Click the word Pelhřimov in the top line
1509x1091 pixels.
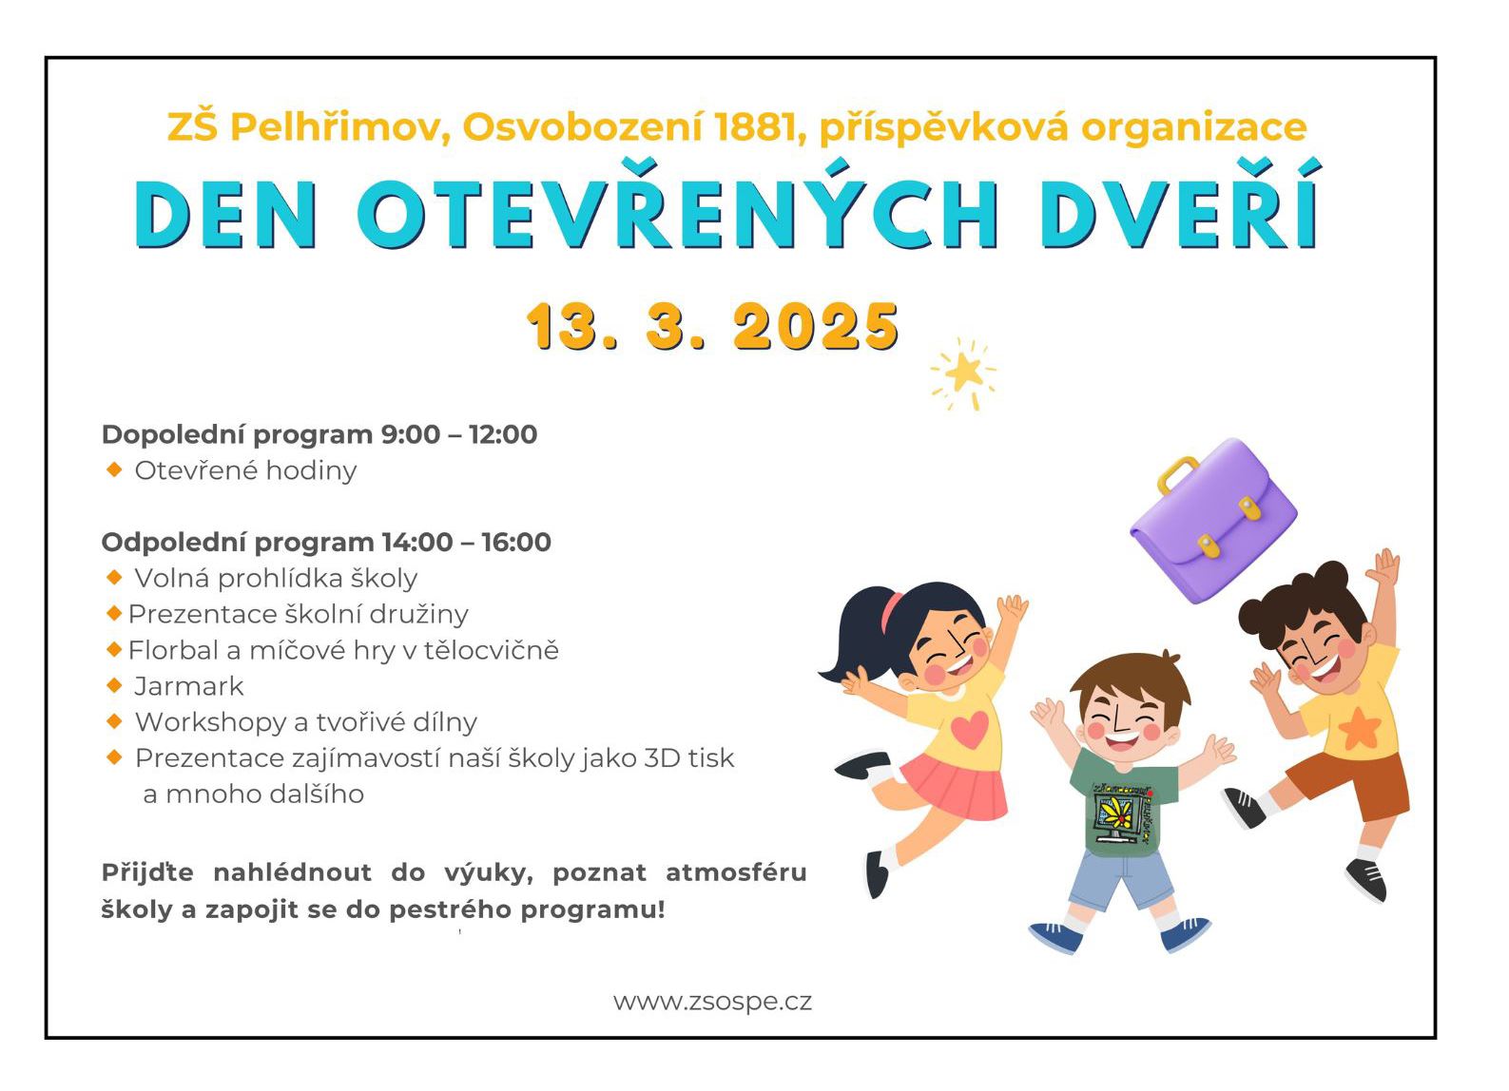click(x=340, y=127)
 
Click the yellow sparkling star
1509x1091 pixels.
click(x=964, y=373)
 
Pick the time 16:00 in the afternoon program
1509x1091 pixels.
click(x=516, y=543)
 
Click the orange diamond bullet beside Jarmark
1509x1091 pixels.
click(x=114, y=685)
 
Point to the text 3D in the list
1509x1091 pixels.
click(x=662, y=758)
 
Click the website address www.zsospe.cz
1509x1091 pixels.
click(x=712, y=1002)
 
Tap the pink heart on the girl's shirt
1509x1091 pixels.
click(x=970, y=729)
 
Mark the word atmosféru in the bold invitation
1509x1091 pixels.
click(x=736, y=872)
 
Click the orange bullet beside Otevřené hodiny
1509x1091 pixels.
click(x=114, y=469)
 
